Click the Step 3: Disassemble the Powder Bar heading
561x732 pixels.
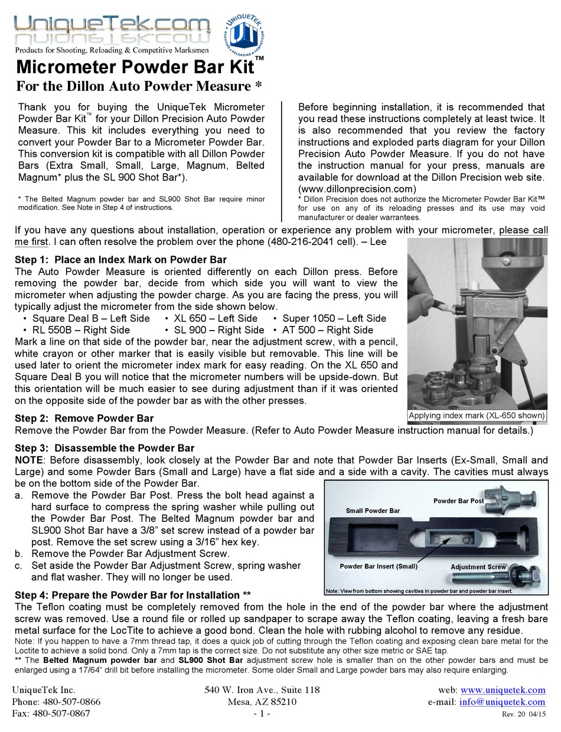click(104, 448)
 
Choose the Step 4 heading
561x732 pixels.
click(128, 595)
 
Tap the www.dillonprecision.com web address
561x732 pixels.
click(357, 189)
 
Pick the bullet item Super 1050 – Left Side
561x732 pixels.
click(334, 318)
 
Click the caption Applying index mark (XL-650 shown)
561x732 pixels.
click(477, 415)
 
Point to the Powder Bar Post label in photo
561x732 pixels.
click(458, 501)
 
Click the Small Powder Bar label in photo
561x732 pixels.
click(373, 511)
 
